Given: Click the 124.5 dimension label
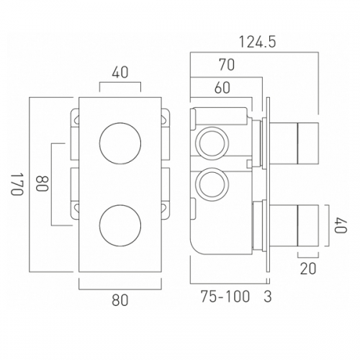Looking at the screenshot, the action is (258, 42).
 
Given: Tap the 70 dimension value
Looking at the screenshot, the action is (227, 65).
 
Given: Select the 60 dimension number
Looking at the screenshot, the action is (222, 88).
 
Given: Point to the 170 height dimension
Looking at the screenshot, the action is (17, 184).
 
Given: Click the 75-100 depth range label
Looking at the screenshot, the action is (225, 297).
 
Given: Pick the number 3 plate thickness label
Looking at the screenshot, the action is (268, 297).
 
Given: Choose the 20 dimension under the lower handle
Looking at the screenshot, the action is (308, 269).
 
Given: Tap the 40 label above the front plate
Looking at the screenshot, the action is (120, 72).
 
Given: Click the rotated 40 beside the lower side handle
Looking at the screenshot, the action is (341, 225).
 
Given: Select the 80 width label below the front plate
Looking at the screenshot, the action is (120, 300).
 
